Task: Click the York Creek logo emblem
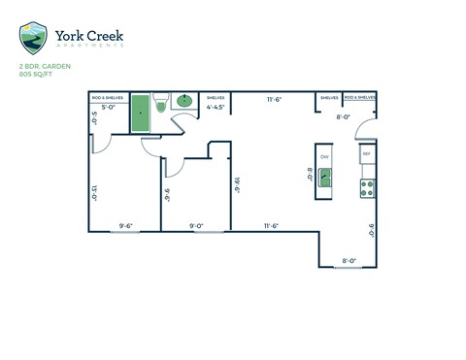tap(32, 38)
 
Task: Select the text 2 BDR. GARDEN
tap(45, 67)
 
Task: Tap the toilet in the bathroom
tap(161, 101)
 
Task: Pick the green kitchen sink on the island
tap(324, 178)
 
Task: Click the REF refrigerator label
tap(367, 154)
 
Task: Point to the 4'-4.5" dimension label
tap(216, 109)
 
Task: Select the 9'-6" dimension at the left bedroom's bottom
tap(125, 225)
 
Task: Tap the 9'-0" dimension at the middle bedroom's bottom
tap(196, 225)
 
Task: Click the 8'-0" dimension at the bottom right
tap(349, 260)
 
